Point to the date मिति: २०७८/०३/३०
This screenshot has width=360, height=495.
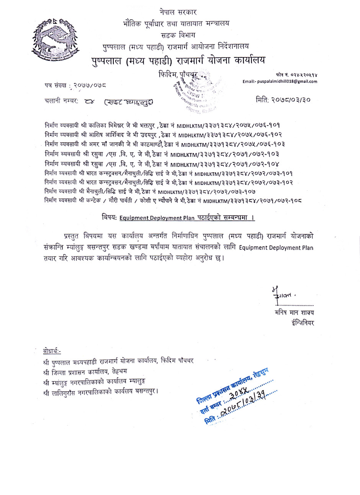pyautogui.click(x=283, y=100)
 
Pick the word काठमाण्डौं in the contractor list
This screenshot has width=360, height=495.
pyautogui.click(x=151, y=144)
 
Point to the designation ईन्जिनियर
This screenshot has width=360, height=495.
pyautogui.click(x=302, y=322)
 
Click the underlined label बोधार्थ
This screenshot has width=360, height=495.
pyautogui.click(x=52, y=351)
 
